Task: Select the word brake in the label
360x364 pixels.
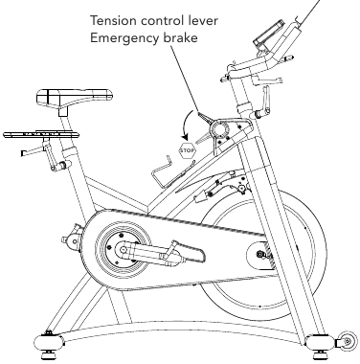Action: click(180, 37)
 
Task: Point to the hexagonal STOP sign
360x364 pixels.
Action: click(187, 150)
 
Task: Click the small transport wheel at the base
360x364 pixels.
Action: click(348, 341)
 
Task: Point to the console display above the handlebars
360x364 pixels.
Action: click(268, 34)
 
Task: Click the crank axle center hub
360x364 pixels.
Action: click(123, 250)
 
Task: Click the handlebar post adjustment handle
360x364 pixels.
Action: click(263, 102)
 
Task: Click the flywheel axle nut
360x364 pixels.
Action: click(261, 254)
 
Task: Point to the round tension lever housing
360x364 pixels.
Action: click(219, 129)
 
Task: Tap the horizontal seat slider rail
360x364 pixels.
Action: click(41, 134)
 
